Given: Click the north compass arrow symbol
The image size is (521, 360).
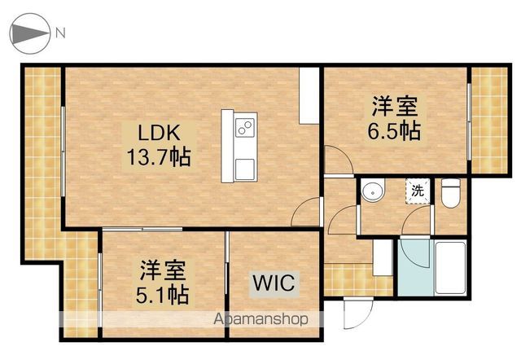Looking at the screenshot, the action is pos(30,33).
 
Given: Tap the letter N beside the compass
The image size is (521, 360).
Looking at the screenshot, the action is pos(60,33).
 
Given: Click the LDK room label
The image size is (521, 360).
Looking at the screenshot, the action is pos(160,133).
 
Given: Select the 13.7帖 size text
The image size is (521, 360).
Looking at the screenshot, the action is pos(160,157).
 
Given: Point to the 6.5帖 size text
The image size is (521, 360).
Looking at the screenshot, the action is pos(394,130).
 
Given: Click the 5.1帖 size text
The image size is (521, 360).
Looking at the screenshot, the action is pos(163,295).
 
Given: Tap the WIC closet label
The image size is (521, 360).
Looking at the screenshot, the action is pos(274,283).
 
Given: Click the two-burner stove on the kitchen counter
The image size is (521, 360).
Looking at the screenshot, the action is pos(245,127).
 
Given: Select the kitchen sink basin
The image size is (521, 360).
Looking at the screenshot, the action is pos(245,169).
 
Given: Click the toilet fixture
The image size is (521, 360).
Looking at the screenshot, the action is pos(451,193).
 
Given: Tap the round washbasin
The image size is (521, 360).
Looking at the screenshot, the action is pos(373,191).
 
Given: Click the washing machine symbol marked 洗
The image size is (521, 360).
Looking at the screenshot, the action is pos(418,191).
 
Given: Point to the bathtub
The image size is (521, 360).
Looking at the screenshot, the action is pos(450,268).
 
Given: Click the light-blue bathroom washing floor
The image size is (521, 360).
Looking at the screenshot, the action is pos(415,268).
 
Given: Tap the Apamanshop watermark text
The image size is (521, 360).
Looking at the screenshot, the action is pos(260,319).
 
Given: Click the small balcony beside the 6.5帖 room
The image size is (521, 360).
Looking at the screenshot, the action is pos(489,121).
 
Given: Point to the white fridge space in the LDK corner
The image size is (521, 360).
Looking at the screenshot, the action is pos(309,96).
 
